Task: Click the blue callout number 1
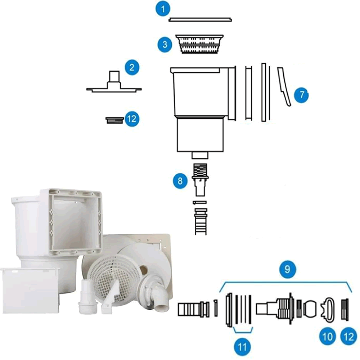click(x=163, y=9)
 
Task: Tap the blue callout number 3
click(x=165, y=44)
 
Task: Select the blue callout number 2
click(x=132, y=68)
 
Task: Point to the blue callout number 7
click(x=302, y=94)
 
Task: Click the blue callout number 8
click(x=180, y=181)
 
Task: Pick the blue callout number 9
click(x=287, y=269)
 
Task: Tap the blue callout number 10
click(x=327, y=337)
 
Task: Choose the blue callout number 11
click(x=242, y=347)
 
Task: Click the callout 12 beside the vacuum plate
click(x=132, y=119)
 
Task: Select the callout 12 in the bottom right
click(x=348, y=337)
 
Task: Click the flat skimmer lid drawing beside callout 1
click(x=200, y=19)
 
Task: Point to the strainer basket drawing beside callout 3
click(x=199, y=44)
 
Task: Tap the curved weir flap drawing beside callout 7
click(x=284, y=87)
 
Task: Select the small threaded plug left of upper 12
click(x=114, y=120)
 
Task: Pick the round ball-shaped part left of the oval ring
click(x=310, y=309)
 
